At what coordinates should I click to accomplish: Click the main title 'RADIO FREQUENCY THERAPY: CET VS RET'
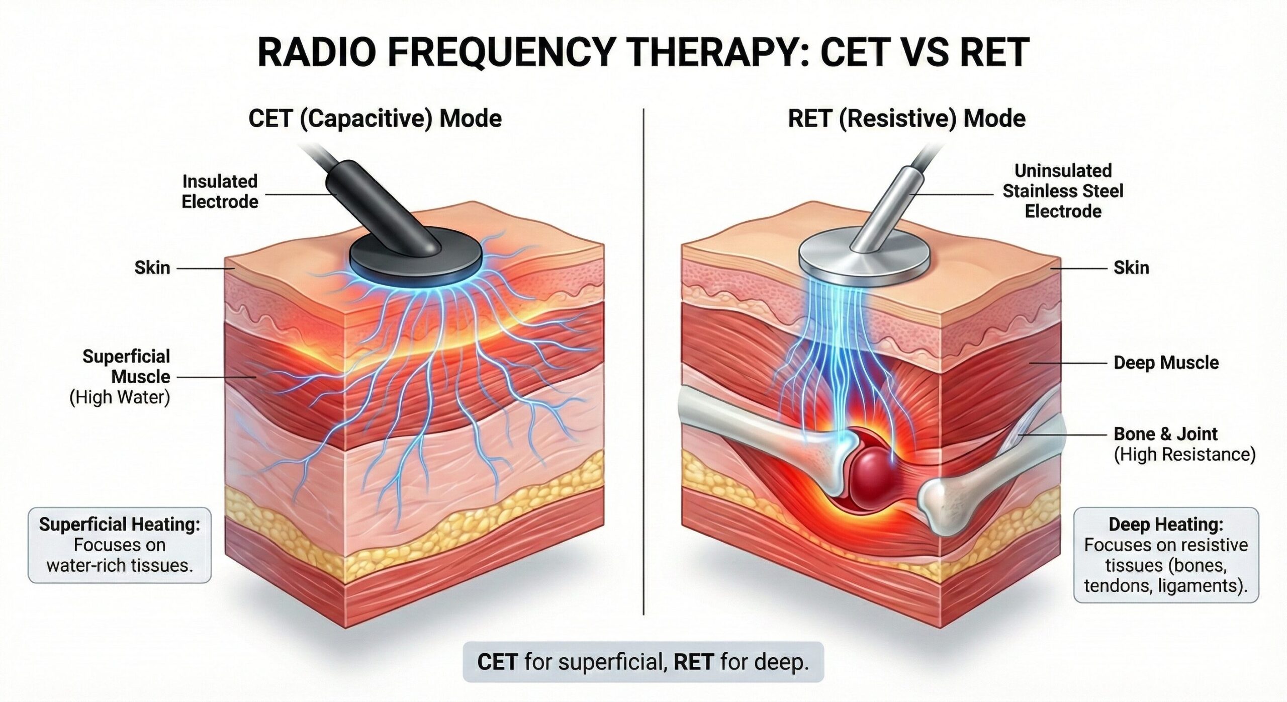click(x=643, y=52)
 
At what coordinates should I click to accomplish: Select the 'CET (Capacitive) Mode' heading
click(x=375, y=119)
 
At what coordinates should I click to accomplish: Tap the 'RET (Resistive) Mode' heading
click(x=906, y=119)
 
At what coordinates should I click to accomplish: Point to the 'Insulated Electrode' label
click(x=220, y=192)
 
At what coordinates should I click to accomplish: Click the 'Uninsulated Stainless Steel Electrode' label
click(x=1063, y=191)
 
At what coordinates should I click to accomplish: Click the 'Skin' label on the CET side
click(x=152, y=268)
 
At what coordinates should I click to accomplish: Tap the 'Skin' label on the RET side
click(x=1131, y=268)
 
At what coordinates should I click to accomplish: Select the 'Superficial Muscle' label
click(x=127, y=367)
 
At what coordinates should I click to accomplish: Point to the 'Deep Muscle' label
click(x=1166, y=363)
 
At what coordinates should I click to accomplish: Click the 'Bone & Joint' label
click(x=1165, y=433)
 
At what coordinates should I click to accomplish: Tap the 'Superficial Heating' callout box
click(x=120, y=545)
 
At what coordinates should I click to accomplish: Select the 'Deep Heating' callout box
click(x=1166, y=555)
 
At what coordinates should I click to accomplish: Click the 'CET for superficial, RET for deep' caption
click(x=643, y=662)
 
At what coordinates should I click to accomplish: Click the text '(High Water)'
click(x=120, y=397)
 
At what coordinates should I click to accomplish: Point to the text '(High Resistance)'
click(x=1184, y=454)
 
